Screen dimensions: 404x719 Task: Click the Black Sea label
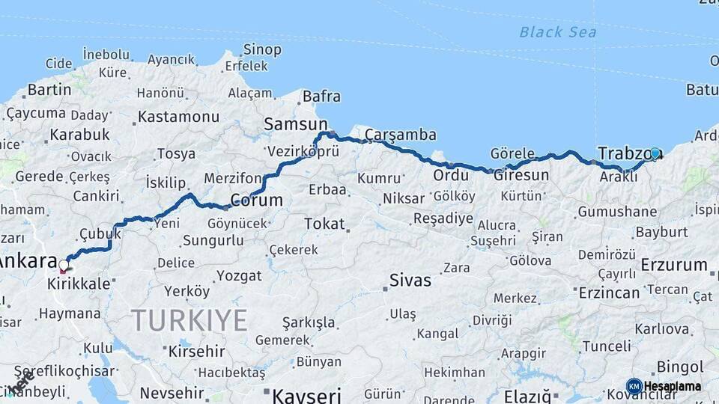558,31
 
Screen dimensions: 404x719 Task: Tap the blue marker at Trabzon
655,153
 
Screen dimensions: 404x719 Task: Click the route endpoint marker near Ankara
64,266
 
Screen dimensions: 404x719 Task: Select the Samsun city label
296,124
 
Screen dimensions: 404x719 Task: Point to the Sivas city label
410,281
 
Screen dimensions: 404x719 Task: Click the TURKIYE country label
189,320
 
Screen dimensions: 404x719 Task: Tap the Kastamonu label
178,117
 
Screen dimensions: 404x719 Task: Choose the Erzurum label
674,265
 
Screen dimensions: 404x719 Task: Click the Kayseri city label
306,395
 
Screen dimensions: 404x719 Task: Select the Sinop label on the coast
262,50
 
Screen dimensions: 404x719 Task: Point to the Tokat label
324,224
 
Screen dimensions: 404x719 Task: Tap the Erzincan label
609,293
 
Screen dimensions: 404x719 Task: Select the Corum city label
256,201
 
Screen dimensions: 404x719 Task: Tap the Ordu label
451,176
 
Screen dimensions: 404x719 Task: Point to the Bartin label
49,91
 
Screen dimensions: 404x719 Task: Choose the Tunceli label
607,346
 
